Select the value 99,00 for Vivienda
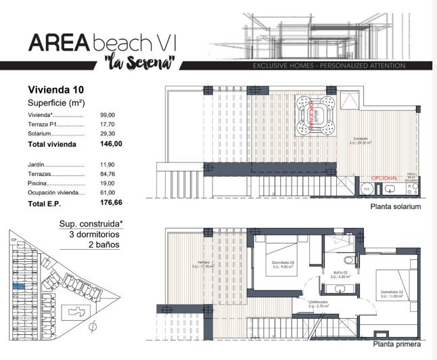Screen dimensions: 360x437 pos(108,115)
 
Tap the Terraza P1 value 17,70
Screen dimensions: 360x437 pos(108,125)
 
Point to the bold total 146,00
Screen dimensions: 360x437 pos(111,144)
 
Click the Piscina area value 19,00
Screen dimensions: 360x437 pos(108,183)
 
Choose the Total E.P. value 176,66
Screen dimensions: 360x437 pos(111,202)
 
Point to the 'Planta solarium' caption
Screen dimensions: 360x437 pos(396,206)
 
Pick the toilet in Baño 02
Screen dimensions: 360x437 pos(348,259)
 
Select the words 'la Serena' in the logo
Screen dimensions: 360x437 pos(141,63)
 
